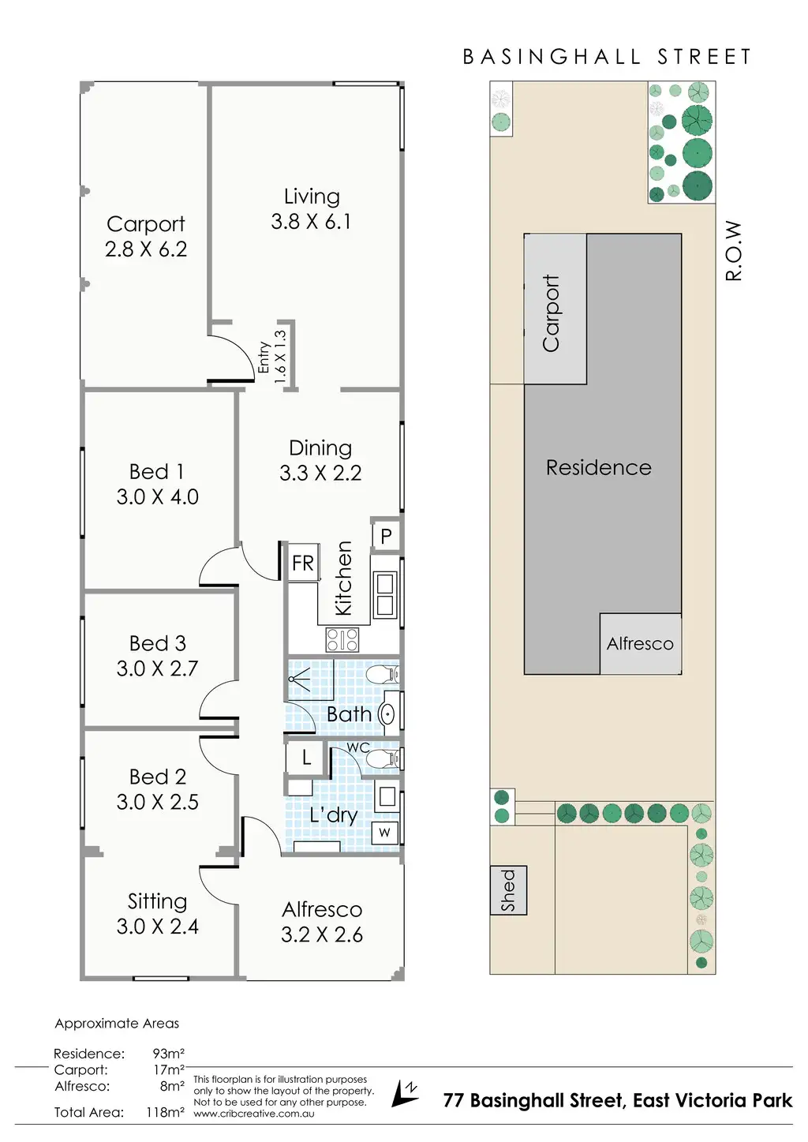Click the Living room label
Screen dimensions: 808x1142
pyautogui.click(x=312, y=197)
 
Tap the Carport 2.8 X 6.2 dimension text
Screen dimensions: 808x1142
pyautogui.click(x=146, y=249)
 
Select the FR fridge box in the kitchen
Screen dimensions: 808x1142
pyautogui.click(x=303, y=563)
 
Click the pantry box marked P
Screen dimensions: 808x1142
pyautogui.click(x=386, y=536)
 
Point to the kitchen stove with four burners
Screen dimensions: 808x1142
pyautogui.click(x=342, y=639)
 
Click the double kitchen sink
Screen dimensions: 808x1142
pyautogui.click(x=385, y=594)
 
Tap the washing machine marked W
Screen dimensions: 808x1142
pyautogui.click(x=385, y=832)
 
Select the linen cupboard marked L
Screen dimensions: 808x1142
pyautogui.click(x=305, y=758)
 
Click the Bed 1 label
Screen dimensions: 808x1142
pyautogui.click(x=157, y=472)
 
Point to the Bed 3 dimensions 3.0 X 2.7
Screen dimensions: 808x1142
pyautogui.click(x=157, y=668)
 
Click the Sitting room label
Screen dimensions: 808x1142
pyautogui.click(x=157, y=901)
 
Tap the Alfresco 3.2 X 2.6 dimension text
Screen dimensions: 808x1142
pyautogui.click(x=322, y=935)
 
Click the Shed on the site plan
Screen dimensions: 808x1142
pyautogui.click(x=508, y=890)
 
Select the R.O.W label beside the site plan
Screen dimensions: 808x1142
pyautogui.click(x=734, y=250)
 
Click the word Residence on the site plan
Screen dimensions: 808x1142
pyautogui.click(x=599, y=468)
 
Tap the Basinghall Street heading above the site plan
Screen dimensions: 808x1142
pyautogui.click(x=607, y=57)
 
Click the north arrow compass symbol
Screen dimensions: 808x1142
pyautogui.click(x=406, y=1094)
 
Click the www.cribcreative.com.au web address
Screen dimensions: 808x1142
pyautogui.click(x=254, y=1114)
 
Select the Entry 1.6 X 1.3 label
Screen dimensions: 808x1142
pyautogui.click(x=272, y=358)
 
